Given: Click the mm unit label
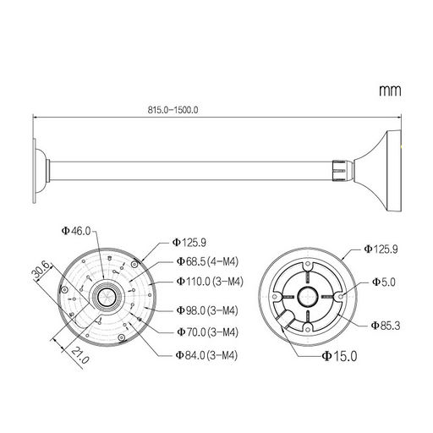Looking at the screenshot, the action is tap(390, 90).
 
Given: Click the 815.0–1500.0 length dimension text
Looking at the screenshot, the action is tap(173, 110).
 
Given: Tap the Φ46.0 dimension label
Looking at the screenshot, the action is tap(76, 231).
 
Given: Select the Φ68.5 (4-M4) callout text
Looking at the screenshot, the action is tap(207, 261).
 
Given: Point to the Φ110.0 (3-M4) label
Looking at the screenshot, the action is tap(210, 282).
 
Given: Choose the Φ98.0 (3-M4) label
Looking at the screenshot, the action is tap(207, 310).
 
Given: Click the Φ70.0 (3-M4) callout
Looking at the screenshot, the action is tap(207, 332).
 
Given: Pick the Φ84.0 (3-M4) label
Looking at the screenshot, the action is tap(206, 355).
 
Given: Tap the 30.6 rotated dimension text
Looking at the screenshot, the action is tap(41, 271).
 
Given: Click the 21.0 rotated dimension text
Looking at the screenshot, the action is tap(80, 355).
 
